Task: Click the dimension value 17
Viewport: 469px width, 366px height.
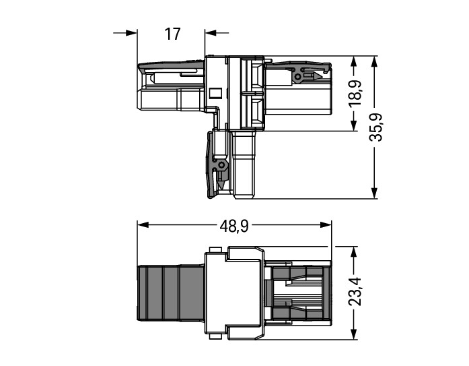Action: (172, 34)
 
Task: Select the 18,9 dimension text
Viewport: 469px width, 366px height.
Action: (356, 93)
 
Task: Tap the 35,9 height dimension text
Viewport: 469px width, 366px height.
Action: (375, 127)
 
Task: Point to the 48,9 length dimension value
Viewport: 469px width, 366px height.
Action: (234, 226)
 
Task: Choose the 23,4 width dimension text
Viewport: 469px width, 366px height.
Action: (355, 292)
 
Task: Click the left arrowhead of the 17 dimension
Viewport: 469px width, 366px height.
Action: (131, 33)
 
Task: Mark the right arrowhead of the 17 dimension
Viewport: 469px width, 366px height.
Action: (211, 33)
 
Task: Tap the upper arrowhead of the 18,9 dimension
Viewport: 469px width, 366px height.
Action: (354, 62)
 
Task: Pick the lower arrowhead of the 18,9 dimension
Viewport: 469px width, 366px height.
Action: (354, 125)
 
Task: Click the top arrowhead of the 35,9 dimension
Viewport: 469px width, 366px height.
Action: (374, 62)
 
